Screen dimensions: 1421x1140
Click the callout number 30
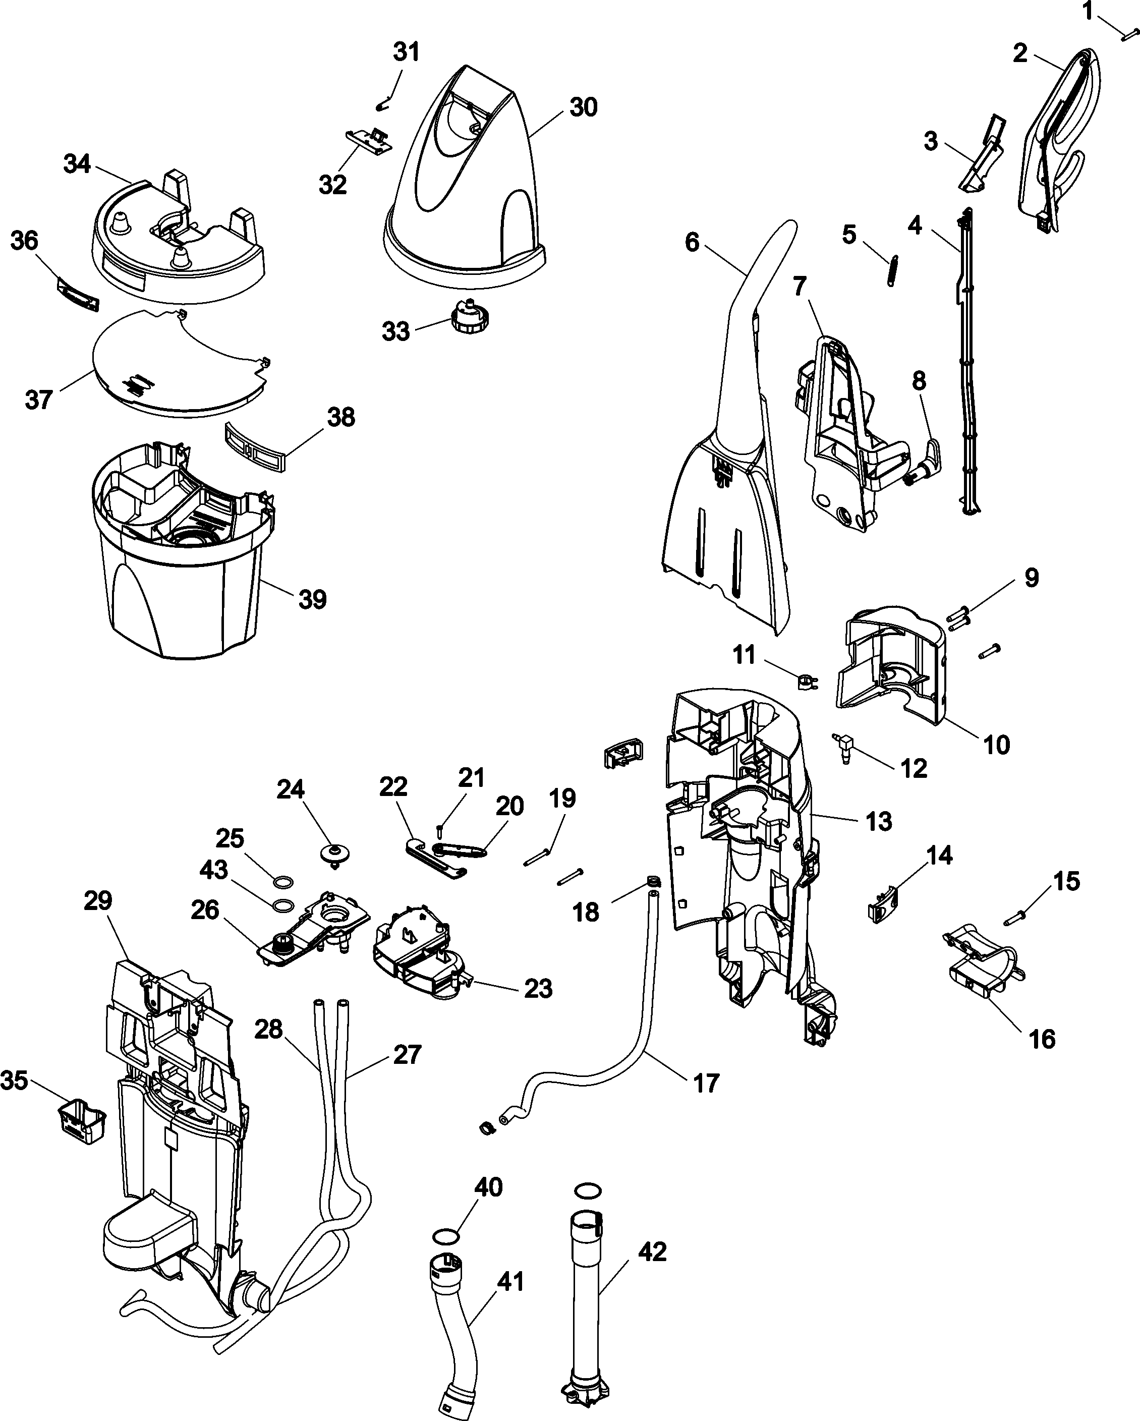tap(583, 107)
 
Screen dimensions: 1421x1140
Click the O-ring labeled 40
tap(445, 1234)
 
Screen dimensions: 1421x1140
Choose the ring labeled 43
tap(282, 904)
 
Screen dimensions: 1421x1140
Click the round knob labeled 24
tap(335, 854)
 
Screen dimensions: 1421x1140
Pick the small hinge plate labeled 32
tap(369, 140)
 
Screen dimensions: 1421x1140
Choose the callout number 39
tap(312, 600)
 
